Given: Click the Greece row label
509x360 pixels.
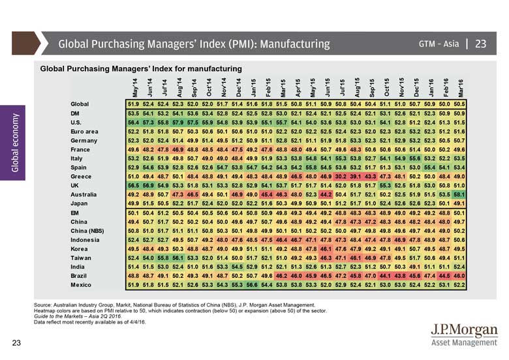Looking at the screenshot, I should (81, 176).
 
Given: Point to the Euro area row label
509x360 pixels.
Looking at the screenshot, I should (85, 131).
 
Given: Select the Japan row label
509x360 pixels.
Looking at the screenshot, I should (80, 203).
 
